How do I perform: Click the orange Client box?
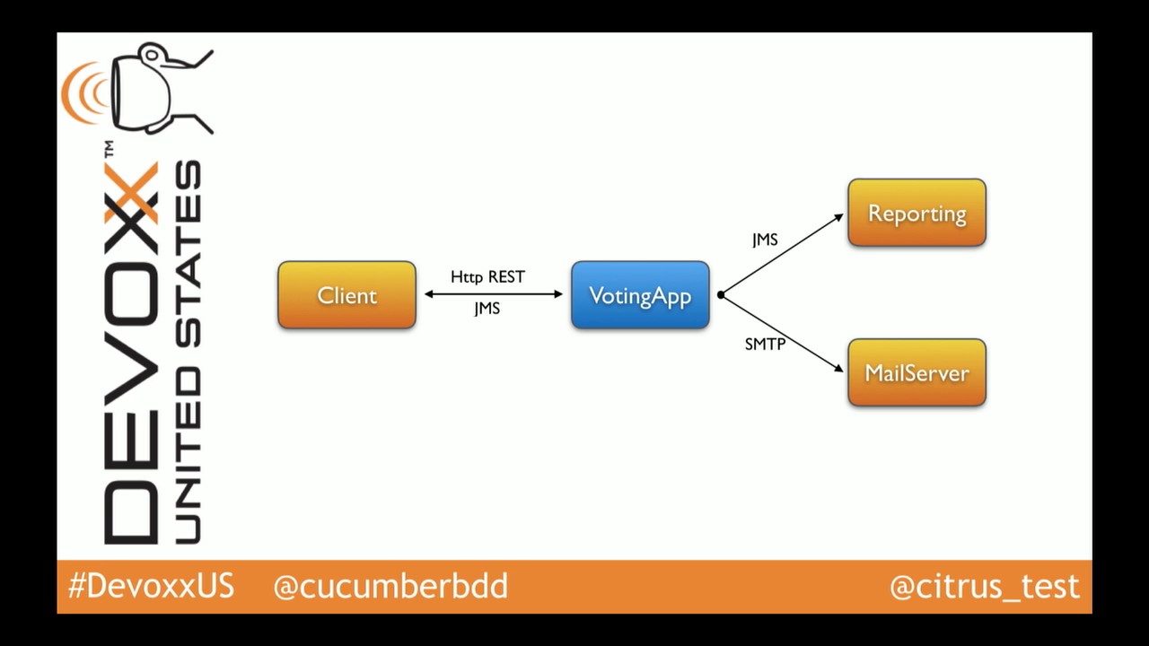(346, 295)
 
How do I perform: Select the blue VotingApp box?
(640, 295)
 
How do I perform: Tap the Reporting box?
(917, 213)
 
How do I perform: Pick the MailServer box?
(917, 372)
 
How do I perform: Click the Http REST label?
(487, 277)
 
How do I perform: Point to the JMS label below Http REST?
(487, 309)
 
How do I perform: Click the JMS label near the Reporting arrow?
(765, 240)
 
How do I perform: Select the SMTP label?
(765, 344)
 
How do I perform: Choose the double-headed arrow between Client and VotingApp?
(493, 293)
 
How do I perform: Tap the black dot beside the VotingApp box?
(720, 294)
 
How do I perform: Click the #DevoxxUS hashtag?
(151, 587)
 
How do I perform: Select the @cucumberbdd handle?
(390, 587)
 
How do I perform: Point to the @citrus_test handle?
(984, 587)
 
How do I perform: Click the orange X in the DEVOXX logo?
(131, 194)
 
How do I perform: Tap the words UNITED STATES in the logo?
(187, 350)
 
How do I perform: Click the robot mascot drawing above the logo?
(162, 88)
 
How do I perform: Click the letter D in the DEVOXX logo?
(131, 511)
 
